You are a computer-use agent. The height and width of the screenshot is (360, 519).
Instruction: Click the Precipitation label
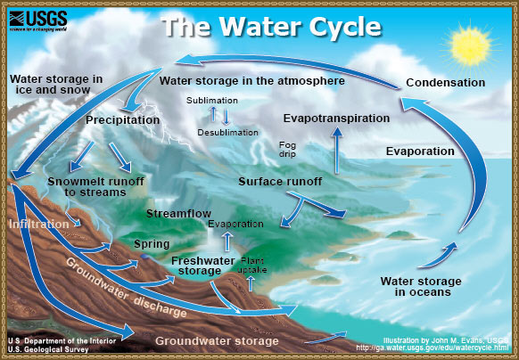[x=122, y=119]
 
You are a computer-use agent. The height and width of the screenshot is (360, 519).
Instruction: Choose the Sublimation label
[x=211, y=100]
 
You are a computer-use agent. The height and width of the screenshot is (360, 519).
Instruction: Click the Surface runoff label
[x=280, y=182]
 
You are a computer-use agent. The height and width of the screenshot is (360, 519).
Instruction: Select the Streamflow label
[x=178, y=214]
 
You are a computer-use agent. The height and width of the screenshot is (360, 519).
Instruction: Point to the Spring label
[x=145, y=243]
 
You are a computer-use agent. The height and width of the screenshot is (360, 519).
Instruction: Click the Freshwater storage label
[x=196, y=265]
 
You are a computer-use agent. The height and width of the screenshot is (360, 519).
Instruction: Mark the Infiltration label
[x=38, y=225]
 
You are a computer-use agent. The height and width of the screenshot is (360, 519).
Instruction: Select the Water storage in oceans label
[x=416, y=286]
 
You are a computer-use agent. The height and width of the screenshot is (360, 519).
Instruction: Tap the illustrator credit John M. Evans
[x=437, y=340]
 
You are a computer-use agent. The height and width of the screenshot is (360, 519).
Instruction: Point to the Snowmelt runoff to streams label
[x=84, y=186]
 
